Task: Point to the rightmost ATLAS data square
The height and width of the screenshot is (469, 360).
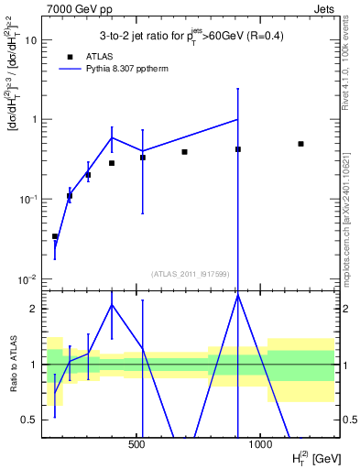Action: click(x=300, y=144)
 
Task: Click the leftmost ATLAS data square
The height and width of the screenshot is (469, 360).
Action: click(x=55, y=236)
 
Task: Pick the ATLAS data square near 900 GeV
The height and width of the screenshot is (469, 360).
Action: click(x=238, y=149)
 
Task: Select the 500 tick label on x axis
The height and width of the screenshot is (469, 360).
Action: click(x=137, y=443)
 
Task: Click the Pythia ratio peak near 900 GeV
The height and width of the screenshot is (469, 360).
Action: click(x=238, y=295)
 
